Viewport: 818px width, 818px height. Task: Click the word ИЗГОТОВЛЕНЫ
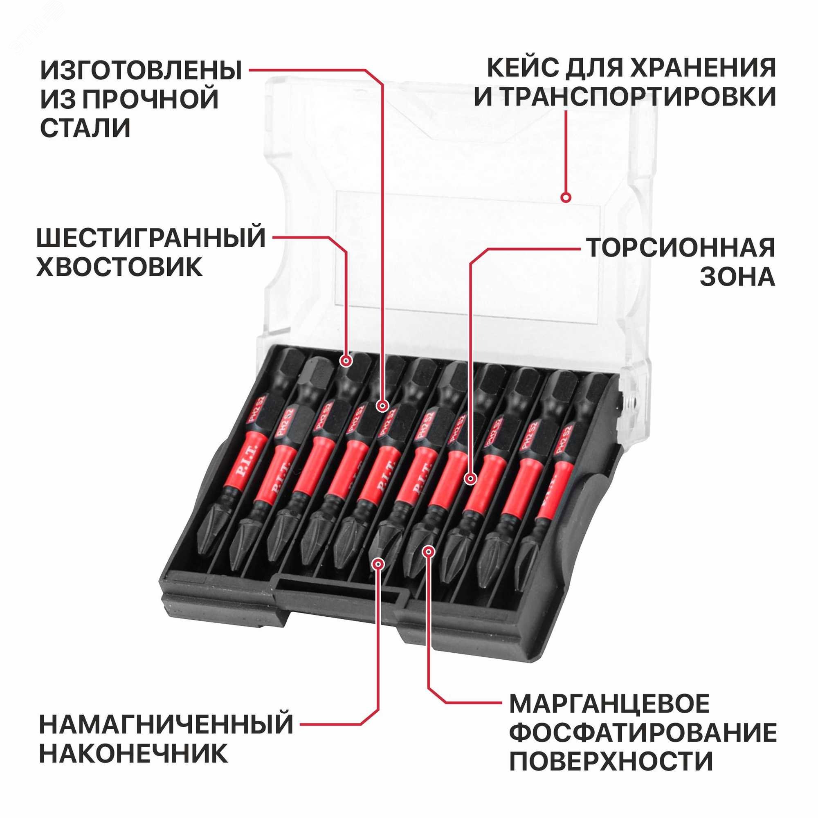coord(141,70)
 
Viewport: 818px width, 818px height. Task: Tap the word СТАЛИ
coord(85,128)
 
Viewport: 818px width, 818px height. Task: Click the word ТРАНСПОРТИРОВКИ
coord(638,97)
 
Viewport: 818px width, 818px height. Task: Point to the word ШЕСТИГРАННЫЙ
coord(151,238)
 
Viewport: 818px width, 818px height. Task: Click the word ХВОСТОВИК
coord(119,267)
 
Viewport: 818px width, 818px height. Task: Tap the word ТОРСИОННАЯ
coord(681,248)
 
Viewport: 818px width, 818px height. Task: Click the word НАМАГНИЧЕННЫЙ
coord(166,724)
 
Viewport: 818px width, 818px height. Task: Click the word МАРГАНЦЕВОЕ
coord(609,703)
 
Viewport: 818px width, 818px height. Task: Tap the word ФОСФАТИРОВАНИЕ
coord(643,733)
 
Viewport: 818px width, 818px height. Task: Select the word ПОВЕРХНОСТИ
coord(611,762)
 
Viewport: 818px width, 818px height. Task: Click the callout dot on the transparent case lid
coord(566,197)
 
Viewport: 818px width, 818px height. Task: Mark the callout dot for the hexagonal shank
coord(346,361)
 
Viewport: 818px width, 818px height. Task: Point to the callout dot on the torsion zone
coord(470,479)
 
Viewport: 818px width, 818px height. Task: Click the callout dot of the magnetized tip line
coord(378,564)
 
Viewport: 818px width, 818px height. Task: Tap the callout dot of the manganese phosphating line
coord(429,551)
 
